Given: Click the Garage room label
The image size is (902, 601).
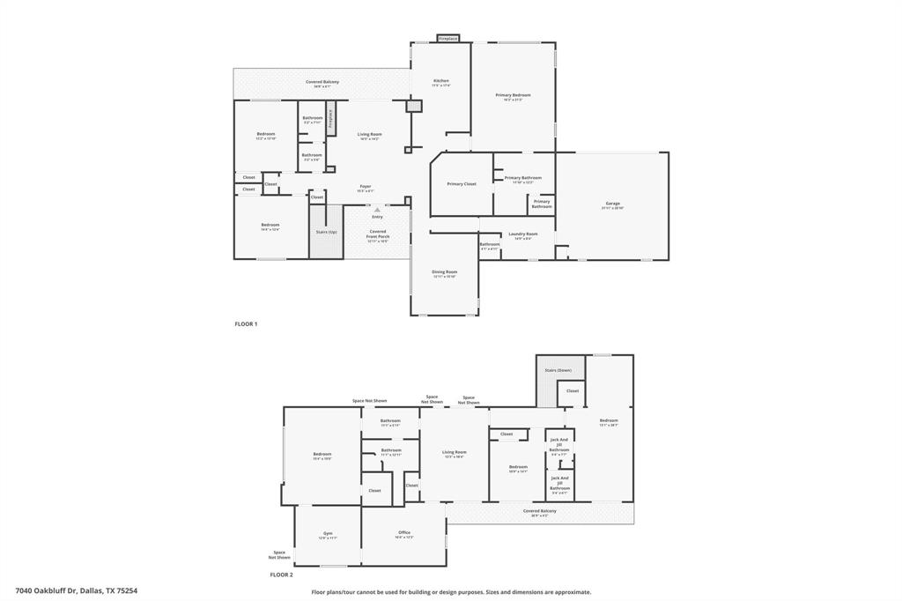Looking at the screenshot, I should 612,204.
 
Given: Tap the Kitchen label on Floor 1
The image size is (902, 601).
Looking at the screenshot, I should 441,81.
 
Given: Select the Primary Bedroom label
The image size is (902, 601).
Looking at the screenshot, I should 513,95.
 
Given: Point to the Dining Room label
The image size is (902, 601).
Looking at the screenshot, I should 445,272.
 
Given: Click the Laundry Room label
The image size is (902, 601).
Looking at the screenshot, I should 523,234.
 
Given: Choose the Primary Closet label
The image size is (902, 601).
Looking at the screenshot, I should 462,184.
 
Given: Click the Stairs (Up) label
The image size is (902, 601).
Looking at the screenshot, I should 326,232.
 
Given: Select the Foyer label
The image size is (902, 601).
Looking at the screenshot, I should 365,187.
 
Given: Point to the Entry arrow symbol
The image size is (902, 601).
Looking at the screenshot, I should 377,210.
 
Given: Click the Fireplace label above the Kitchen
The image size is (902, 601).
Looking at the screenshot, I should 448,39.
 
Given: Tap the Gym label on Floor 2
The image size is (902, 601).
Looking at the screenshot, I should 328,533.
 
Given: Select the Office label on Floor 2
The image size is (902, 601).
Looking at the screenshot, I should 404,533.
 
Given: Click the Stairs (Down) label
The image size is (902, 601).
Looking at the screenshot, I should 558,370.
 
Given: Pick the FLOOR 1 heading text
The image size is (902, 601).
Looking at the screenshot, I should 246,324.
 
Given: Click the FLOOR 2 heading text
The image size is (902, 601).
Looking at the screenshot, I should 281,575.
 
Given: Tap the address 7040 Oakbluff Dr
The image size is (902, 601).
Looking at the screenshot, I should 76,591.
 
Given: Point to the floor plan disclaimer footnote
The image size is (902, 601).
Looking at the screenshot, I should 451,592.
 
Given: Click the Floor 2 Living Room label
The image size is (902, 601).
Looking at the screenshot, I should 454,452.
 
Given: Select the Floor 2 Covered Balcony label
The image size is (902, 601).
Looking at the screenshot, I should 539,511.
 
